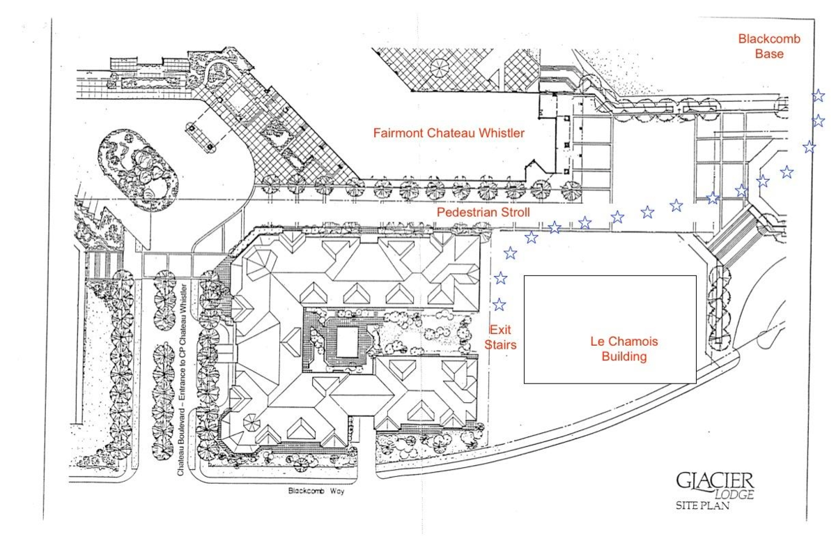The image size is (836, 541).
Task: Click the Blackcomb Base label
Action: [x=769, y=46]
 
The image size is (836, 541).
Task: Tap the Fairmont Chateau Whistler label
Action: [x=449, y=132]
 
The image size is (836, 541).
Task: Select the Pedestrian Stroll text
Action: [x=483, y=212]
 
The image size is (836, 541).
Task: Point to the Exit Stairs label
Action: [x=502, y=336]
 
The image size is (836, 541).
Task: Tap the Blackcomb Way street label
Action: [x=317, y=491]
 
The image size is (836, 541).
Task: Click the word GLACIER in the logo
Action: [x=715, y=480]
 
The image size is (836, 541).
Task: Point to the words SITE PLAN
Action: [x=702, y=505]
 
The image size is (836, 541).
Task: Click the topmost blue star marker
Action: [x=818, y=96]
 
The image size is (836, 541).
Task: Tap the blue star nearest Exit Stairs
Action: [x=499, y=305]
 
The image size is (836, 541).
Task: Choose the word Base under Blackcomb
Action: [x=769, y=54]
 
